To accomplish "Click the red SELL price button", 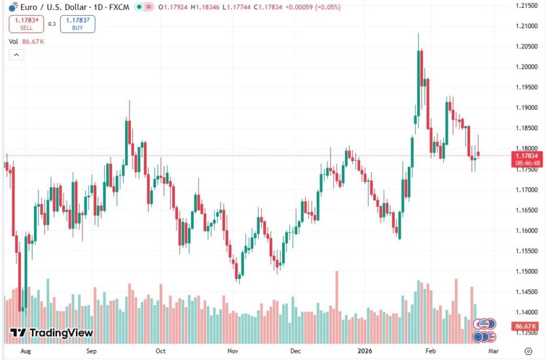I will coord(26,24).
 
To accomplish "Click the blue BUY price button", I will coord(78,24).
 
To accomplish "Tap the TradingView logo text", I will coord(52,333).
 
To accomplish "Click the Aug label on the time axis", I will coord(26,350).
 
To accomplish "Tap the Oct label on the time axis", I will coord(160,350).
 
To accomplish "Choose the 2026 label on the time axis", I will coord(364,350).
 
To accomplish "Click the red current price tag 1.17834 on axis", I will coord(526,156).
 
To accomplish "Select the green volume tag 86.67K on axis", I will coord(526,326).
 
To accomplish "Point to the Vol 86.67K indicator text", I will coord(26,41).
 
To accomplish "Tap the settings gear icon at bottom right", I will coord(528,351).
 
